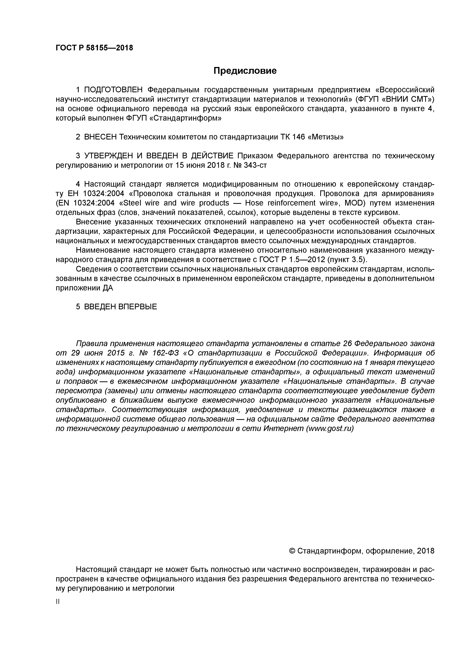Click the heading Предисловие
point(245,71)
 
